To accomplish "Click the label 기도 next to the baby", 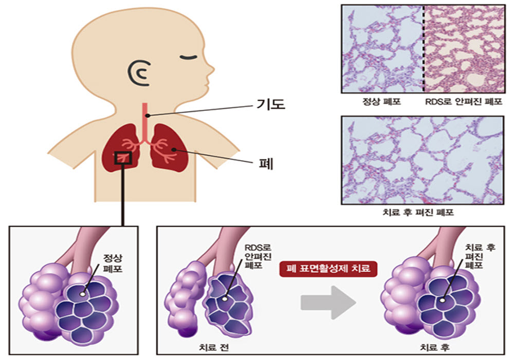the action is click(x=271, y=104).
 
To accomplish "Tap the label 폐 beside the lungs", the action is click(x=266, y=164).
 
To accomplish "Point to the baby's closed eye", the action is click(x=188, y=58).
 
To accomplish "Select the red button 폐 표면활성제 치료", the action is click(x=328, y=269).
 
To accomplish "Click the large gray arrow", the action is click(x=328, y=302).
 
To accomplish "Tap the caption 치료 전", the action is click(x=213, y=347).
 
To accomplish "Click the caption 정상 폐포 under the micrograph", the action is click(x=381, y=101).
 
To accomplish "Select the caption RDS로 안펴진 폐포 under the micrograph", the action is click(x=464, y=101).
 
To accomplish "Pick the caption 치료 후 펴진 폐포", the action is click(x=418, y=212).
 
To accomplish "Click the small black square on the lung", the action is click(x=123, y=158).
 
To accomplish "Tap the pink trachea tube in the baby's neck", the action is click(x=145, y=122).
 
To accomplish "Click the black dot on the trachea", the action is click(x=148, y=116).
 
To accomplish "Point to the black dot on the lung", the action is click(x=174, y=149).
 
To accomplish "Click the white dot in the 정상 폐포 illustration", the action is click(x=83, y=294).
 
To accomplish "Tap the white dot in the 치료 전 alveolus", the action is click(x=225, y=299).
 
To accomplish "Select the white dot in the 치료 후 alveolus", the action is click(x=443, y=300).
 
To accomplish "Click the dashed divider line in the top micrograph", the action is click(x=423, y=49).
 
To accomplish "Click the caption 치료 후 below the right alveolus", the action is click(x=434, y=347).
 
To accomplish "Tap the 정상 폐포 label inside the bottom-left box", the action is click(x=113, y=263).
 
